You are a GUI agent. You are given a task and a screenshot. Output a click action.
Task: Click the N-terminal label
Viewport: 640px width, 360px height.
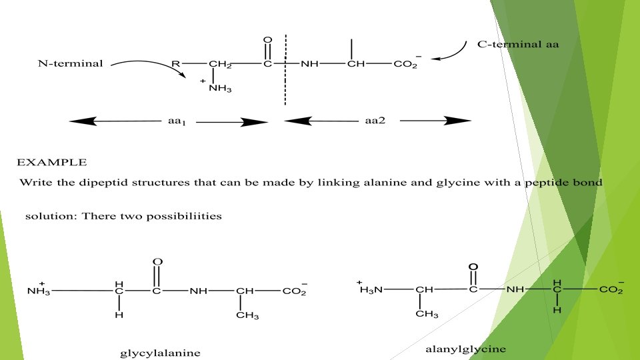(70, 64)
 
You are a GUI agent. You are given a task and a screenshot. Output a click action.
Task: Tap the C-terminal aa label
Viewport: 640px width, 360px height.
(518, 45)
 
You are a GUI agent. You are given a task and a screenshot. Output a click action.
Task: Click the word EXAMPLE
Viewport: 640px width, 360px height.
(51, 162)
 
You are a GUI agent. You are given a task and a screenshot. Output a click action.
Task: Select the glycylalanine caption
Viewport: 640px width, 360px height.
(160, 353)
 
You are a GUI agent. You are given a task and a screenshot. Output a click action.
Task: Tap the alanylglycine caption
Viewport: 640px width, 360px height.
(465, 349)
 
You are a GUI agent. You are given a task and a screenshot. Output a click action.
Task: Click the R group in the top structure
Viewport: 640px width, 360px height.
(175, 65)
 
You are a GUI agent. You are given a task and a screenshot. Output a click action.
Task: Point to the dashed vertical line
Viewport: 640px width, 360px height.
(285, 87)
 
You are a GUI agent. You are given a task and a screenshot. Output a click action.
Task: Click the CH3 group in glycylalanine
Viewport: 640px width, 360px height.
(247, 315)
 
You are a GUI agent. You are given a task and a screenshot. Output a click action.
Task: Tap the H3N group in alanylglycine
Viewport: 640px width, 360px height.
(372, 289)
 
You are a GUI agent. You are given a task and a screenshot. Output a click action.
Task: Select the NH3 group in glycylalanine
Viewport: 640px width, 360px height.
(39, 291)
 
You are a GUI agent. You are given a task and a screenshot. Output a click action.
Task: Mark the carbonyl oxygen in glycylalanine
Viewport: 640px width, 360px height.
(157, 261)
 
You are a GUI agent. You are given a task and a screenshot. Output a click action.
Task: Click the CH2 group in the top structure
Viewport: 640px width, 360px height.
(219, 65)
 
